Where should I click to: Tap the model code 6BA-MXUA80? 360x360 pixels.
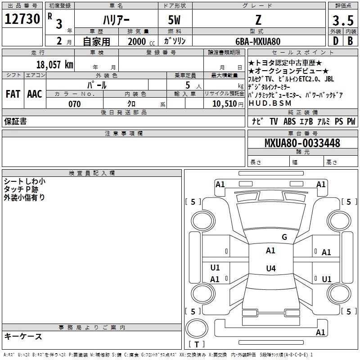pos(258,41)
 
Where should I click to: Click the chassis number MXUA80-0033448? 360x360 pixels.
pos(302,143)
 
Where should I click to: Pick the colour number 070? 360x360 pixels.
pos(74,104)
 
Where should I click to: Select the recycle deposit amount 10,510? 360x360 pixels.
pos(223,104)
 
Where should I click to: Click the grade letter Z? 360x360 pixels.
pos(258,20)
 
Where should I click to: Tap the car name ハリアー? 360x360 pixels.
pos(116,20)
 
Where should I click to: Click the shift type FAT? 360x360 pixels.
pos(13,94)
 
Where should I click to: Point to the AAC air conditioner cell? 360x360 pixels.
pos(35,94)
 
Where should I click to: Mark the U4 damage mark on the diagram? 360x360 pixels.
pos(270,269)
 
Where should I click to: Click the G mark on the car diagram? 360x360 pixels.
pos(284,237)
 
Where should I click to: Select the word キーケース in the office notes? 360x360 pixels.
pos(23,336)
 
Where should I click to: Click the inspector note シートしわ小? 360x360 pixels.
pos(24,181)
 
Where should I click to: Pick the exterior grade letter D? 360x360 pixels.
pos(335,41)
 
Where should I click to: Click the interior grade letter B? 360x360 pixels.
pos(350,41)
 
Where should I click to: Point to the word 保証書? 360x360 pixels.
pos(15,121)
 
